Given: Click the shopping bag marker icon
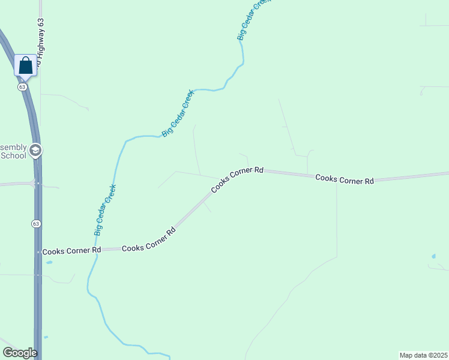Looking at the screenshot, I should point(26,65).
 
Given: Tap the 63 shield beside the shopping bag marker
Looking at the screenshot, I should point(22,86).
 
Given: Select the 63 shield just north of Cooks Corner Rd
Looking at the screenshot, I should point(36,223).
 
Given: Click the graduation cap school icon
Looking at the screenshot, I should point(35,150).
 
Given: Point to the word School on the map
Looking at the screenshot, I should point(13,155).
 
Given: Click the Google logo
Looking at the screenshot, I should point(20,353).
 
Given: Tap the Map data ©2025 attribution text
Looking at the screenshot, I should point(423,355).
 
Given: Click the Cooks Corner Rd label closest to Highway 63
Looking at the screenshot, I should point(71,250).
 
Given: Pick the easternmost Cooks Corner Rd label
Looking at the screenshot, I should point(345,179).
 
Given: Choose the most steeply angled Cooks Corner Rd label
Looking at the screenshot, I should point(238,179).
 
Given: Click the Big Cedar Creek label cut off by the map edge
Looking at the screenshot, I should point(251,19).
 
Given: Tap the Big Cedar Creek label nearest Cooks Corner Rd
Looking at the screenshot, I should point(105,209).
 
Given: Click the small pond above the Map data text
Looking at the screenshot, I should point(433,257).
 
